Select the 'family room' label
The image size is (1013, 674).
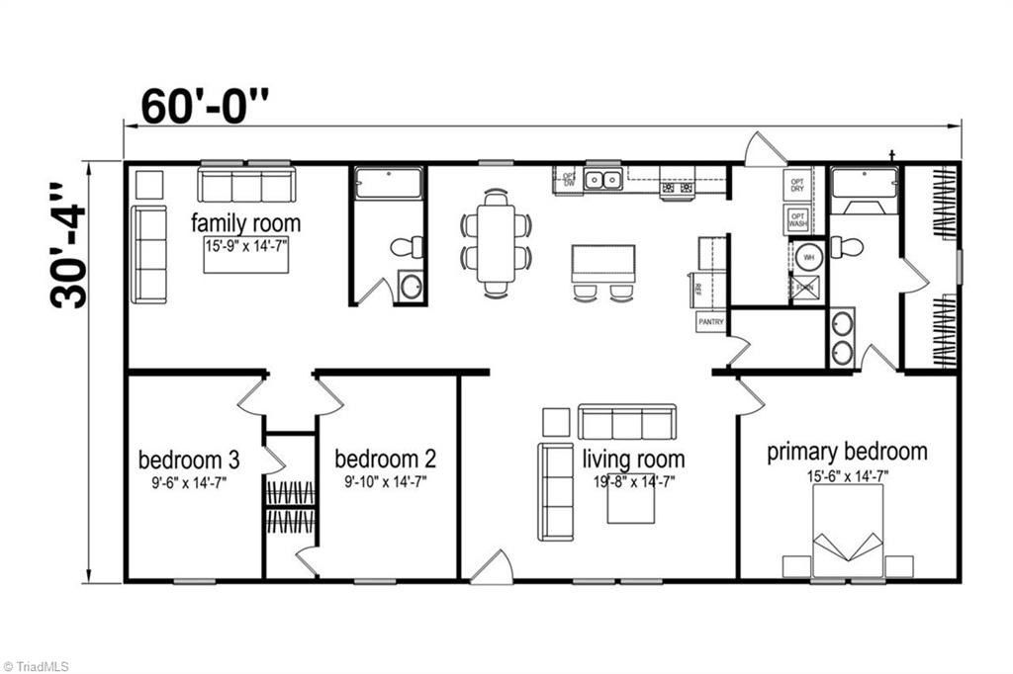click(245, 221)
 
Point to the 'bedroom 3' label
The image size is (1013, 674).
click(189, 460)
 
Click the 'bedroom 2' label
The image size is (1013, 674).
click(385, 460)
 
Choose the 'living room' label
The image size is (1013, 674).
click(633, 460)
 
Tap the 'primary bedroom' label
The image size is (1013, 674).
click(848, 453)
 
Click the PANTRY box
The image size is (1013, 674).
click(711, 322)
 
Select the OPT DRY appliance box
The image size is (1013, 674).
click(796, 185)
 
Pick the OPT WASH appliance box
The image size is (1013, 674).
click(797, 219)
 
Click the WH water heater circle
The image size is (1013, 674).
click(807, 256)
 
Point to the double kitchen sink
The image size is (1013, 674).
click(602, 180)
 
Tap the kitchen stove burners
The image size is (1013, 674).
click(678, 186)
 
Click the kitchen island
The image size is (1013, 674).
click(602, 264)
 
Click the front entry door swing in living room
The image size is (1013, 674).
click(492, 567)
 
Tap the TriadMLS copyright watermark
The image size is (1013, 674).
click(37, 666)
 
